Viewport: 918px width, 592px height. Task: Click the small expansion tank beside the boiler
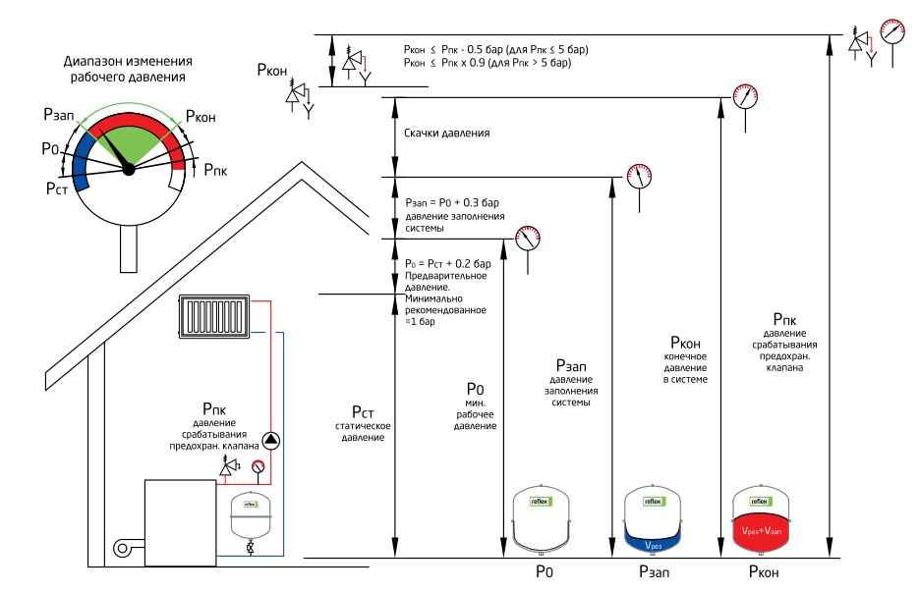[x=249, y=514]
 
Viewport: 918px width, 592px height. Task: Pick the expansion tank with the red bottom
[x=761, y=518]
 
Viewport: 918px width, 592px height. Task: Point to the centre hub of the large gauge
[x=128, y=169]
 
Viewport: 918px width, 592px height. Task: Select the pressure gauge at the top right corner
[x=892, y=29]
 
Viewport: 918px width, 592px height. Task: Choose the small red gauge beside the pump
[x=258, y=467]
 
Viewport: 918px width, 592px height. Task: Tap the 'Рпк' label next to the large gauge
[x=214, y=169]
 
